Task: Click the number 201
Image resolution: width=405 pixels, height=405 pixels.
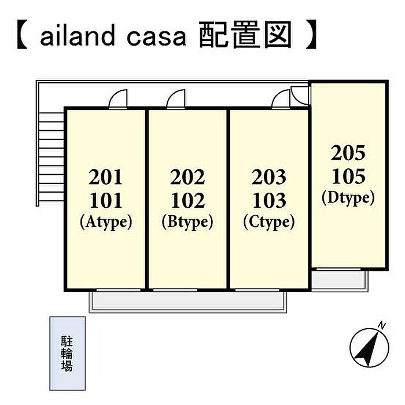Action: click(x=106, y=176)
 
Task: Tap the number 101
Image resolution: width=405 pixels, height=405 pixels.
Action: click(x=106, y=200)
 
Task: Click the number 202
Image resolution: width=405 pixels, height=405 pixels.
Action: click(x=188, y=176)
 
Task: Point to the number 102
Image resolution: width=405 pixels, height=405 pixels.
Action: click(x=188, y=200)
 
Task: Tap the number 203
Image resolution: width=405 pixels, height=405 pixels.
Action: click(x=270, y=176)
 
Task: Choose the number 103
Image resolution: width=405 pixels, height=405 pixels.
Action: click(x=270, y=200)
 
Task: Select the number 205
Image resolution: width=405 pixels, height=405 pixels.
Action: click(x=348, y=153)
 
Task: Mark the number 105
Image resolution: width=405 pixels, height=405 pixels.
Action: click(x=348, y=176)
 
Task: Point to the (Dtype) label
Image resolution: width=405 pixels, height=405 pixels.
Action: click(x=348, y=198)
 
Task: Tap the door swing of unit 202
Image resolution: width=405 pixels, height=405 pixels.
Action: click(x=175, y=101)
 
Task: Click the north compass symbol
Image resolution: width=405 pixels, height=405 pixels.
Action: click(x=369, y=347)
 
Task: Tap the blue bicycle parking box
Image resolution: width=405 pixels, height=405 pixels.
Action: click(x=67, y=354)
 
